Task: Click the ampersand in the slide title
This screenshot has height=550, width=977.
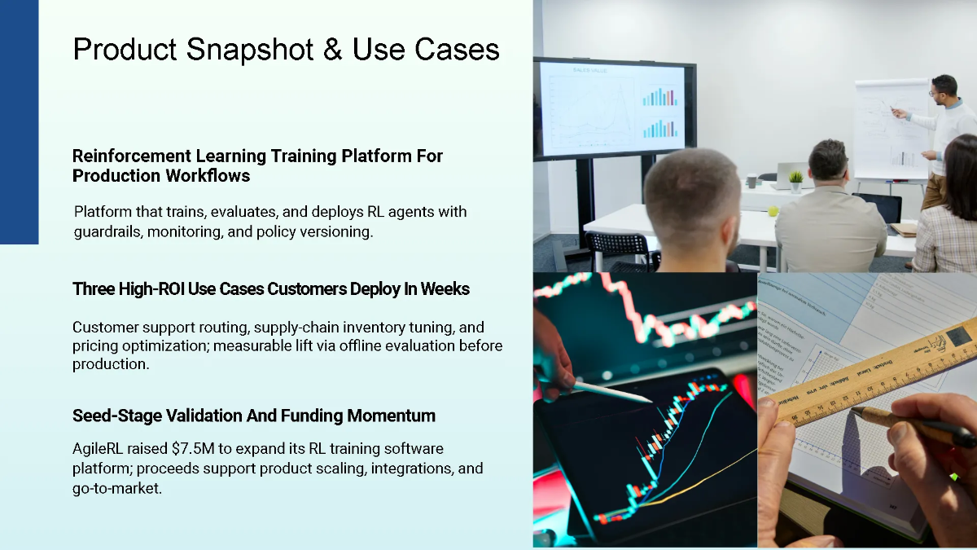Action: pos(332,51)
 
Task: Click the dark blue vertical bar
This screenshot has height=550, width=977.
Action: pos(19,122)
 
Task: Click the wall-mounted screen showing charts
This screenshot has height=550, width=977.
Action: pos(615,108)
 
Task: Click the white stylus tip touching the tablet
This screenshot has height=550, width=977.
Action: pos(643,398)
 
